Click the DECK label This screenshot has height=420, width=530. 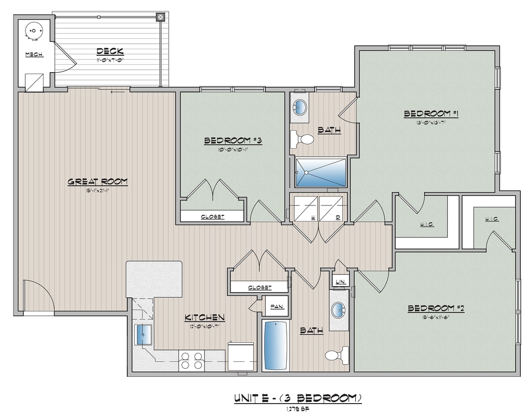click(x=110, y=51)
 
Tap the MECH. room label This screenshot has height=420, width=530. click(x=34, y=54)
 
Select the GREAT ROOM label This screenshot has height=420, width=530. click(x=98, y=182)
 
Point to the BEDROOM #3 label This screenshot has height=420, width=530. click(x=232, y=141)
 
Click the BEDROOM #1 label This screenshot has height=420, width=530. click(x=430, y=114)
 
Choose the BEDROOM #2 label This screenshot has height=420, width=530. click(x=435, y=309)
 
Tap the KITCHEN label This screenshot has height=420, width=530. click(x=205, y=317)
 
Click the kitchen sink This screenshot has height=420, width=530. click(x=144, y=334)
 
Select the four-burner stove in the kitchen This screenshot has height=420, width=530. click(x=192, y=360)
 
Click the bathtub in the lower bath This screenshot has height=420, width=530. click(x=276, y=345)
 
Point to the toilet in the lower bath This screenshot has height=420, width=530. click(x=336, y=355)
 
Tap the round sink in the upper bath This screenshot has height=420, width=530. click(x=301, y=107)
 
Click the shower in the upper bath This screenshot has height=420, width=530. click(x=320, y=172)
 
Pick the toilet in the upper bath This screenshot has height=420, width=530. click(x=303, y=139)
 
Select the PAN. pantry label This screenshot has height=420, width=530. click(x=276, y=307)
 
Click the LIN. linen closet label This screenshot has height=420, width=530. click(x=340, y=282)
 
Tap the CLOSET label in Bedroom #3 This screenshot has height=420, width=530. click(x=212, y=216)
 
